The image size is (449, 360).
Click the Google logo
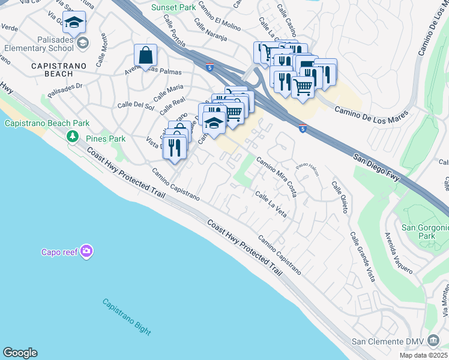(20, 353)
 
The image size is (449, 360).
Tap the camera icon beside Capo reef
(87, 251)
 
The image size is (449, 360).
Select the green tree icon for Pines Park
(73, 137)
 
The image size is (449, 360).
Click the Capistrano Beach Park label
(47, 124)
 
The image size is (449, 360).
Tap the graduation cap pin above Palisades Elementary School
(74, 23)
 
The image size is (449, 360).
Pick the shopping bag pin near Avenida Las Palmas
(145, 56)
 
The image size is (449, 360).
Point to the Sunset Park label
(173, 7)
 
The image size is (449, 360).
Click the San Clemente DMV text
(387, 342)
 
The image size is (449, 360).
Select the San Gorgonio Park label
(425, 232)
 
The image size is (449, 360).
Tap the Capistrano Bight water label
(126, 317)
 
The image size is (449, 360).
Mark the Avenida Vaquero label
(399, 253)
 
